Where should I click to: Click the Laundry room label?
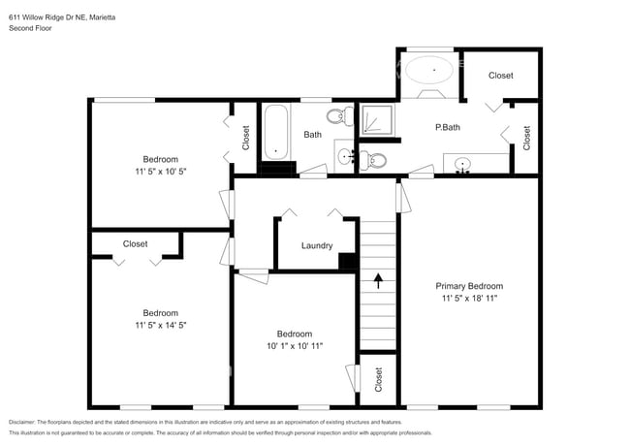pyautogui.click(x=317, y=245)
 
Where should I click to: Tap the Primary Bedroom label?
pyautogui.click(x=469, y=286)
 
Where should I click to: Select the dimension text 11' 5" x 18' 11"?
pyautogui.click(x=469, y=300)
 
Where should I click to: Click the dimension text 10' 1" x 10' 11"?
pyautogui.click(x=294, y=345)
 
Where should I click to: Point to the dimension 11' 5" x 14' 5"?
pyautogui.click(x=160, y=326)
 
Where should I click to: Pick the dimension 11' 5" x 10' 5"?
pyautogui.click(x=160, y=172)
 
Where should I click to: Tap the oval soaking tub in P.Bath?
pyautogui.click(x=427, y=70)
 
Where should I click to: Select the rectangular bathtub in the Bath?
pyautogui.click(x=276, y=131)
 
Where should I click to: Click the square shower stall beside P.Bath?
pyautogui.click(x=376, y=120)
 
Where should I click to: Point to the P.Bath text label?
pyautogui.click(x=447, y=127)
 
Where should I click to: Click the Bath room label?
pyautogui.click(x=312, y=135)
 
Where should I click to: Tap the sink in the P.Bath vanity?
pyautogui.click(x=463, y=164)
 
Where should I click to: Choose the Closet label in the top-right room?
pyautogui.click(x=501, y=75)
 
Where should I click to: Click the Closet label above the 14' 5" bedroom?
pyautogui.click(x=136, y=243)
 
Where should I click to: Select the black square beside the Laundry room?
pyautogui.click(x=346, y=260)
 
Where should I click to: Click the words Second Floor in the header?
pyautogui.click(x=30, y=29)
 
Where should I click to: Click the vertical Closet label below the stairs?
pyautogui.click(x=378, y=380)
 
